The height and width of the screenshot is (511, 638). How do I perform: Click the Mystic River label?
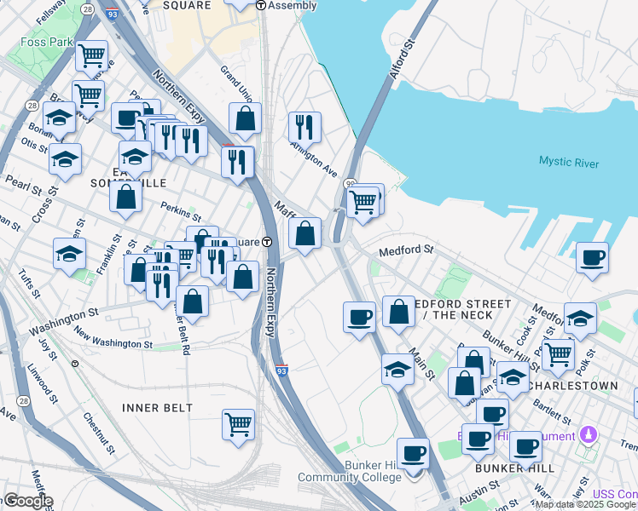click(x=568, y=163)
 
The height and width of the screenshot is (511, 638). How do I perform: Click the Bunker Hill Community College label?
click(x=349, y=470)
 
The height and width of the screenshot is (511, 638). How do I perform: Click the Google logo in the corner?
click(x=27, y=501)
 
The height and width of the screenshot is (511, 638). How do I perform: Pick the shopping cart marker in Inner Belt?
click(x=239, y=423)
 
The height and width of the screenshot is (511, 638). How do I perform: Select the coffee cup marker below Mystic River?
click(x=592, y=256)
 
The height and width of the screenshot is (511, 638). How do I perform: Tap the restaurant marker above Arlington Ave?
click(x=304, y=126)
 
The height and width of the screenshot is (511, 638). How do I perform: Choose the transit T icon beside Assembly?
click(x=261, y=5)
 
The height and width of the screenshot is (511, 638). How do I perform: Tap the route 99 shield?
click(x=350, y=183)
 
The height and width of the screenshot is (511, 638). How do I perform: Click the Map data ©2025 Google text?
click(x=585, y=504)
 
